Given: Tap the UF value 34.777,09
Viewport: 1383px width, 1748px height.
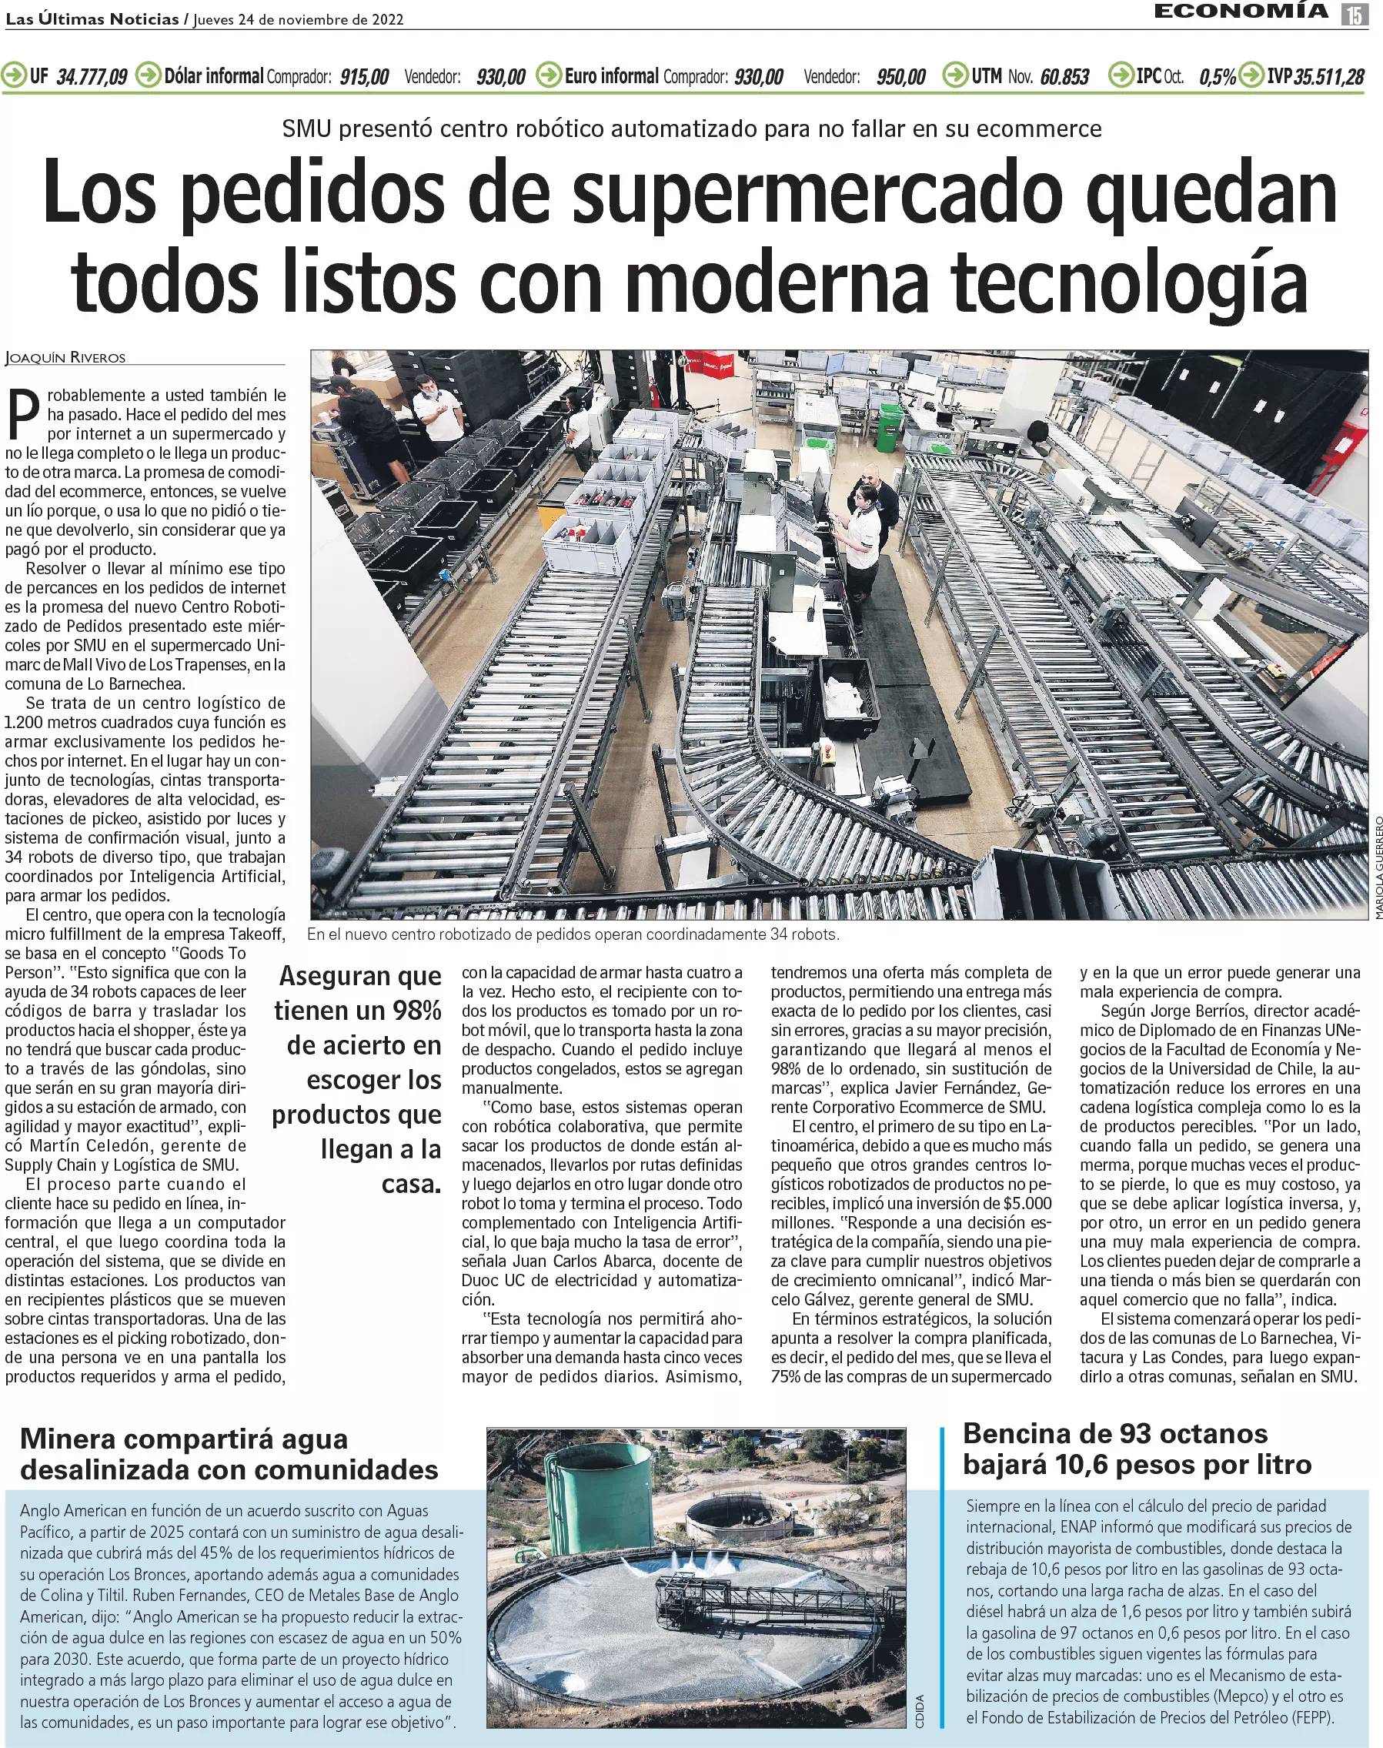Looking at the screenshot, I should click(x=92, y=77).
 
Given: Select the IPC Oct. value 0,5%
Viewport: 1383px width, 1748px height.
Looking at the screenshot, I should click(x=1217, y=77).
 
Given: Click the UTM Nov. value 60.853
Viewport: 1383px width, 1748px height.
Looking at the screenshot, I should click(x=1064, y=77).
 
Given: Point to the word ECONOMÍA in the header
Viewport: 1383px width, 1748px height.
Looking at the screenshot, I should click(x=1241, y=12).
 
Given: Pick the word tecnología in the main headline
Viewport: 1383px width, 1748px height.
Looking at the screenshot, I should click(x=1129, y=282).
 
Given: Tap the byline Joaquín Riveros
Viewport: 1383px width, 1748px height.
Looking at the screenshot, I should click(x=65, y=357).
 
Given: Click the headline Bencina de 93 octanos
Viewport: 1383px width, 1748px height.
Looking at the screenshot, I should click(x=1114, y=1433).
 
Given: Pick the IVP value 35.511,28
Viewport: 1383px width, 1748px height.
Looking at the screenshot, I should click(x=1328, y=77).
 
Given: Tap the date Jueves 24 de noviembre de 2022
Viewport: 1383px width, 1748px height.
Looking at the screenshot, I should click(x=298, y=19).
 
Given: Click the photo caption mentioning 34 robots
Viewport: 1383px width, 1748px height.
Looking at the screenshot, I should click(x=573, y=934).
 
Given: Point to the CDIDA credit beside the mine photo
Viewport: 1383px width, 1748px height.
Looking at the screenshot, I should click(x=919, y=1711).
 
